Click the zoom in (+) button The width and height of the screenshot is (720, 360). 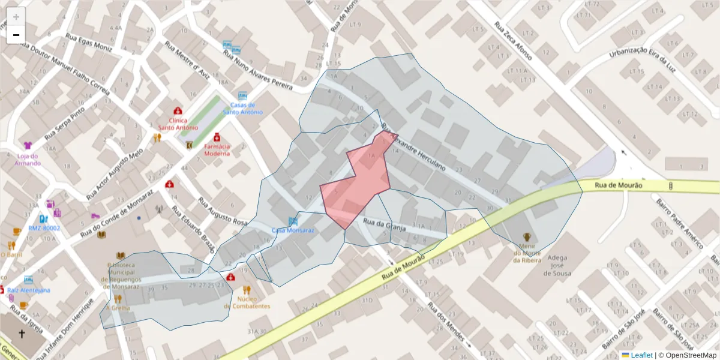click(16, 16)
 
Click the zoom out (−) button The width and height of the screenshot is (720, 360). click(16, 34)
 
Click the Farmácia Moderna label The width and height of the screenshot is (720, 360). click(217, 149)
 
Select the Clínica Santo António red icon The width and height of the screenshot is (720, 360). click(178, 111)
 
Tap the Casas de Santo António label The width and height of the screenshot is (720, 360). click(242, 109)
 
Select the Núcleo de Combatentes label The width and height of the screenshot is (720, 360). click(246, 302)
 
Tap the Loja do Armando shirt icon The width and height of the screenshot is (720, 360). click(28, 145)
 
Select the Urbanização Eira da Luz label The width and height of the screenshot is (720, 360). click(642, 60)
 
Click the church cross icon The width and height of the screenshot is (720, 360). click(22, 334)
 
